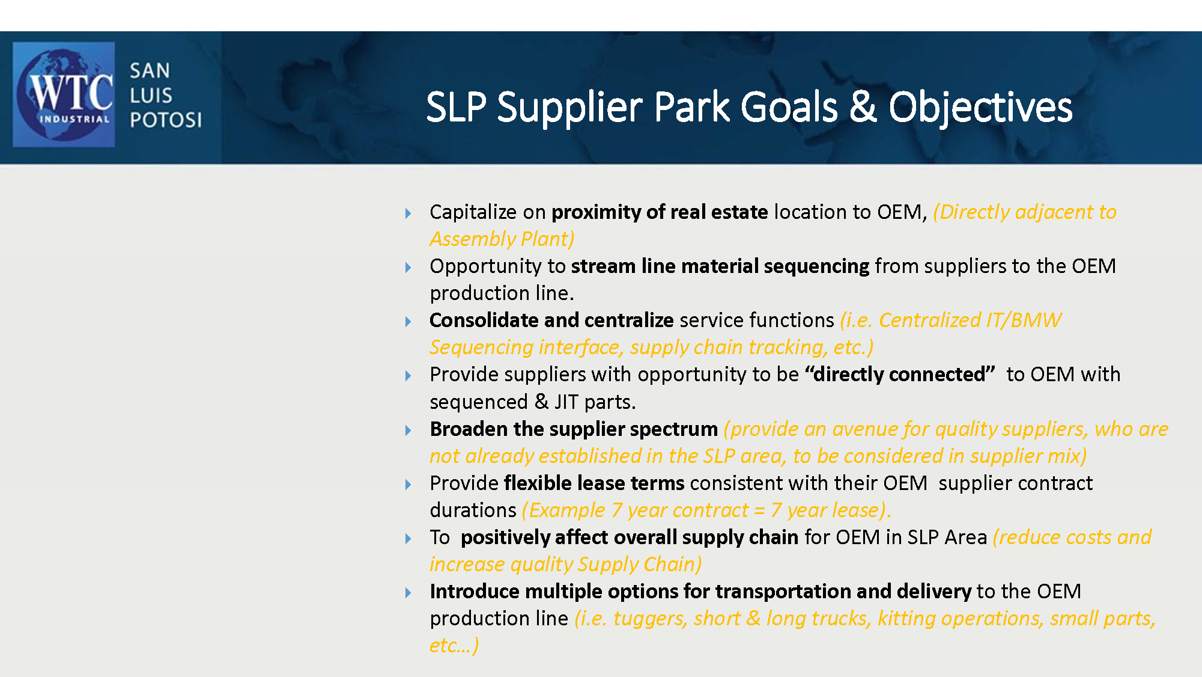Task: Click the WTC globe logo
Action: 64,94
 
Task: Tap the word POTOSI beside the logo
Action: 166,120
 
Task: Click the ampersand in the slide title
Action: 863,107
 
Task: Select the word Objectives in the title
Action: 980,107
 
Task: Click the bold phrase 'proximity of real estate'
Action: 660,212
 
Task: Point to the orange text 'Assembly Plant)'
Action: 502,239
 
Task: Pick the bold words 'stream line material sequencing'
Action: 720,266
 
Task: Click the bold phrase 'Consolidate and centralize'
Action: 551,320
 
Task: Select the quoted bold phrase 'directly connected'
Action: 900,375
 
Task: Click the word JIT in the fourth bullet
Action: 566,402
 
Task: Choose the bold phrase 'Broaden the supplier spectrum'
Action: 574,429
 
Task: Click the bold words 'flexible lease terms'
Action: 594,483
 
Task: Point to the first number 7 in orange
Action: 617,510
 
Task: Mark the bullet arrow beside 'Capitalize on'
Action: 408,213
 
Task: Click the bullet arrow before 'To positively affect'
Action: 408,539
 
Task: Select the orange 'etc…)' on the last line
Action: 454,646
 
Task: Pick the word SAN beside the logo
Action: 150,71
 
